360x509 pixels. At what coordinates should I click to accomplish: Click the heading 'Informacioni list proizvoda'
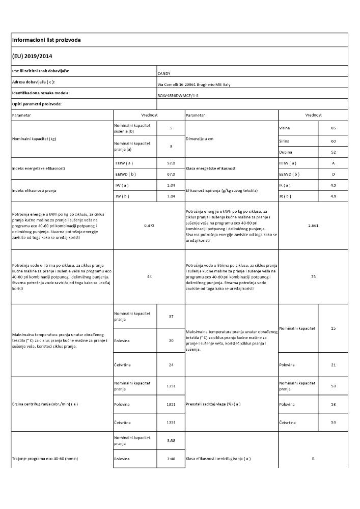click(46, 40)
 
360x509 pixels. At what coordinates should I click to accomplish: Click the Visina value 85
click(333, 128)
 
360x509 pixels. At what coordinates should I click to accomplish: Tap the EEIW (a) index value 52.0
click(171, 163)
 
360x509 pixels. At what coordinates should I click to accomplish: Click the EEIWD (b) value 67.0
click(171, 174)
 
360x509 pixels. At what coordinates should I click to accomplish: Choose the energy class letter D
click(333, 174)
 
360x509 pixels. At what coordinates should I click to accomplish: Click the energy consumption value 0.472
click(149, 225)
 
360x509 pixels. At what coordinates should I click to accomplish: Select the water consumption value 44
click(149, 276)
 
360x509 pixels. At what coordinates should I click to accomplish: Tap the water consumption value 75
click(313, 276)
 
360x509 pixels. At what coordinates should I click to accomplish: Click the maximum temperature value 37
click(171, 317)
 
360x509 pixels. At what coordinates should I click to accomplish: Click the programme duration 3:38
click(171, 440)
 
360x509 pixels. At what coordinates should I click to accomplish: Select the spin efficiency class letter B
click(313, 459)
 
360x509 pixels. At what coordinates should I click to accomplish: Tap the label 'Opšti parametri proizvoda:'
click(37, 104)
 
